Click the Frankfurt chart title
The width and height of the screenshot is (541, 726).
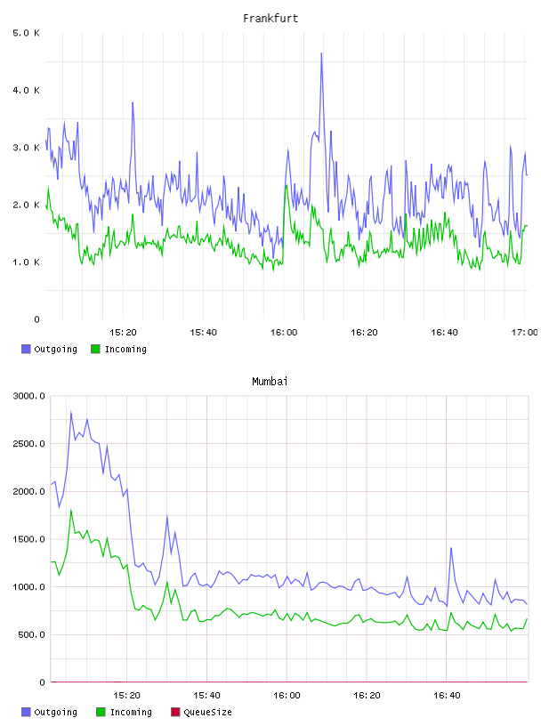(x=270, y=19)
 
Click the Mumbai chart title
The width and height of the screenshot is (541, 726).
(x=270, y=382)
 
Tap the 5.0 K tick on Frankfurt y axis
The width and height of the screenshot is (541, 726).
(x=26, y=33)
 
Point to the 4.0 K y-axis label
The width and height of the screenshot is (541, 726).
(x=26, y=90)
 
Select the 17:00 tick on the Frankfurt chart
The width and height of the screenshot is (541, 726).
(x=524, y=332)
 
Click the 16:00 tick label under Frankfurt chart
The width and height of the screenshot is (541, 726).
(x=284, y=332)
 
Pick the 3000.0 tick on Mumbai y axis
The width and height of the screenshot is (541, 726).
(x=28, y=396)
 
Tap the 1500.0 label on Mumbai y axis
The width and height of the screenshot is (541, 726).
(x=28, y=539)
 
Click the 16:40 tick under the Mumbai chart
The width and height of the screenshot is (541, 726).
(x=447, y=695)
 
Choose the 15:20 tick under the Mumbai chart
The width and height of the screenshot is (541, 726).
(x=126, y=695)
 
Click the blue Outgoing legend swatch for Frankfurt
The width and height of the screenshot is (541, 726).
(x=26, y=349)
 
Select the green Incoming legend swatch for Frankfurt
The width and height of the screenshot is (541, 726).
(x=95, y=349)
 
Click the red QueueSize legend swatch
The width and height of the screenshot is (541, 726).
(x=175, y=712)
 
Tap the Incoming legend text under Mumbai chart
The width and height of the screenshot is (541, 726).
(x=131, y=712)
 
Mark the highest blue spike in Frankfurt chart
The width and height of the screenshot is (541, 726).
(x=321, y=53)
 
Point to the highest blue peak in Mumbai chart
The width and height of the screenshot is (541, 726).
(x=71, y=411)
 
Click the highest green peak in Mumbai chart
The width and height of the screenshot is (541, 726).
(x=71, y=510)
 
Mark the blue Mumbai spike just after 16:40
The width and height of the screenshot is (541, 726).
(x=450, y=548)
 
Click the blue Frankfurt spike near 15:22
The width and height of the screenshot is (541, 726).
(x=133, y=103)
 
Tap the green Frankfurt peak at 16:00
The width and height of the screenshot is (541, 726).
(x=287, y=185)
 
